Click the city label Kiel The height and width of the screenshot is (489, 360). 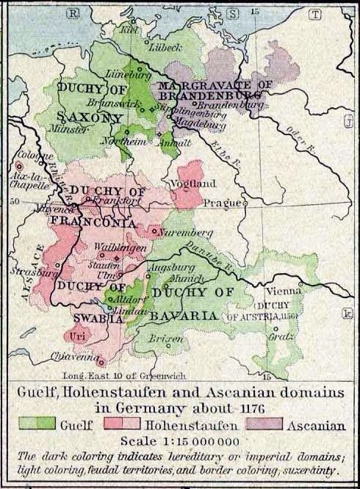pos(129,32)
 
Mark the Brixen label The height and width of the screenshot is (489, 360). pos(162,341)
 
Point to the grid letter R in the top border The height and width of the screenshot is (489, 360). pos(71,12)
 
